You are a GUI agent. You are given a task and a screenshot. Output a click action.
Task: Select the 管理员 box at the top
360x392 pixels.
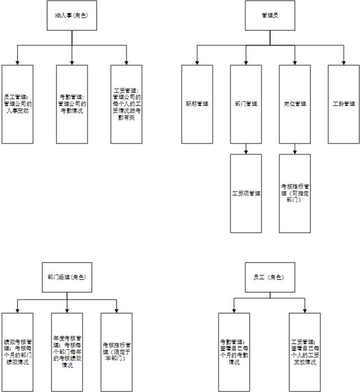269,15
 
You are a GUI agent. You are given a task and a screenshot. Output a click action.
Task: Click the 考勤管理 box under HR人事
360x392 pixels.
72,104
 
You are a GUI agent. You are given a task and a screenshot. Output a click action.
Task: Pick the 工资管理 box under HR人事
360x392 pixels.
126,104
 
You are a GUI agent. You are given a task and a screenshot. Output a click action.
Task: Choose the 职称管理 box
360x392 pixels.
197,104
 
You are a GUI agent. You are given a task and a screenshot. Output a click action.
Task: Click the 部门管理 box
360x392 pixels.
246,104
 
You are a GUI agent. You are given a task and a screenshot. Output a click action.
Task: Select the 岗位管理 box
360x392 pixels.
295,104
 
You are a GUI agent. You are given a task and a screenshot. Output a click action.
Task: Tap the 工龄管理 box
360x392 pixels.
344,104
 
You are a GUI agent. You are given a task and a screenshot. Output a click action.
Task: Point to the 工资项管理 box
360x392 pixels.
246,193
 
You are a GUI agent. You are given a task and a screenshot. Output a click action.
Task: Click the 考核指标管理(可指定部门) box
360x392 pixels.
295,193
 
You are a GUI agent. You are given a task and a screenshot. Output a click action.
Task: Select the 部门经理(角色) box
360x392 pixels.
67,278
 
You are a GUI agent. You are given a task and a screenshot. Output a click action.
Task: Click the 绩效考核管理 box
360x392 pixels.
17,352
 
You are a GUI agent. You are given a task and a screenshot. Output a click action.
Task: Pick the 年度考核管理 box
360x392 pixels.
67,352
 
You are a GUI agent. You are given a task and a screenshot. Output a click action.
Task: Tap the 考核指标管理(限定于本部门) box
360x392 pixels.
116,352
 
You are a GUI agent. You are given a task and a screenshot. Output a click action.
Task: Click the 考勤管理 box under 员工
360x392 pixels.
234,352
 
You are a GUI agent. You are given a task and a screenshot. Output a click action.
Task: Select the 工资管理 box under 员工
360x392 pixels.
304,352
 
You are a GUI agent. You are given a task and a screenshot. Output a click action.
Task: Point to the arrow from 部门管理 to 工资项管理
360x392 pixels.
246,149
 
